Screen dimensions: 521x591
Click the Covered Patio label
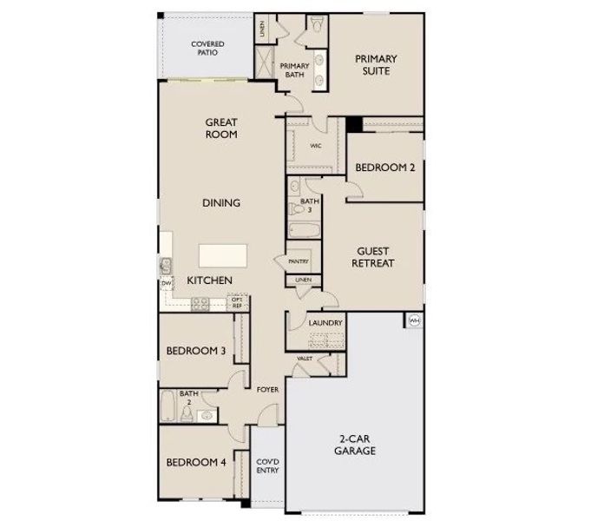(207, 48)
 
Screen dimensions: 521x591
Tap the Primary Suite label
(376, 65)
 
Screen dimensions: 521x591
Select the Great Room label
(222, 129)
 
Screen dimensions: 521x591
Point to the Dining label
(221, 203)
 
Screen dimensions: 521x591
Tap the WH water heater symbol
(414, 321)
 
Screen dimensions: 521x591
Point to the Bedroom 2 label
(384, 168)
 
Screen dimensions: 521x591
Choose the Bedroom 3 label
(196, 351)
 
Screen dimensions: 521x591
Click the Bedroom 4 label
(196, 462)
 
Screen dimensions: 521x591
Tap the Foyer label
(267, 390)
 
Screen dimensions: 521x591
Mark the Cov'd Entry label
(267, 466)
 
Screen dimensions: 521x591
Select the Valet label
(305, 359)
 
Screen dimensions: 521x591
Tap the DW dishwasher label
(164, 284)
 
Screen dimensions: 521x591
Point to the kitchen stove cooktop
(200, 303)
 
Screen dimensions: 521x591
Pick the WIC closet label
(316, 146)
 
